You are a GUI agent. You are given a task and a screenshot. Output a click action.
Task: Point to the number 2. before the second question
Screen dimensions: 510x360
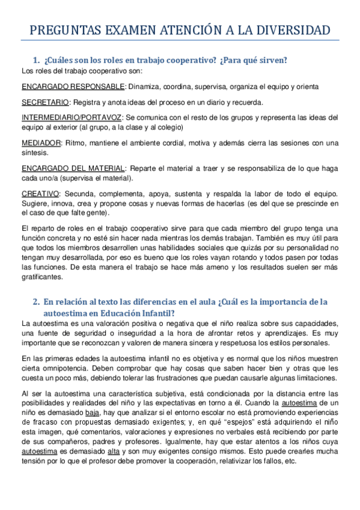tap(37, 301)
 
